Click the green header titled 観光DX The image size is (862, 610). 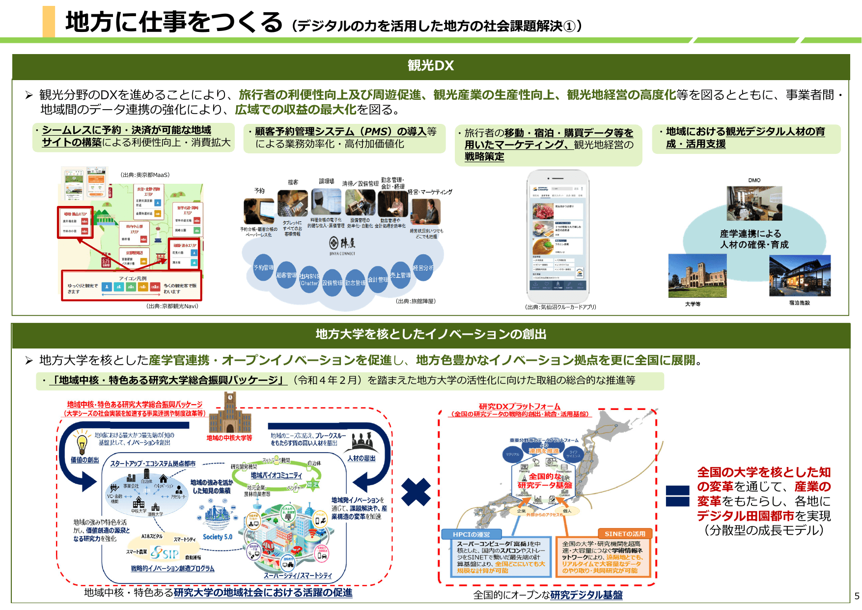click(430, 66)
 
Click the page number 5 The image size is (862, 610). click(857, 596)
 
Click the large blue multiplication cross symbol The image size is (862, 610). click(416, 492)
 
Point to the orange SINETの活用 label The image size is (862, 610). click(624, 534)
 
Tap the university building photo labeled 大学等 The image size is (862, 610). click(697, 276)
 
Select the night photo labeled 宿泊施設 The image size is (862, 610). click(800, 276)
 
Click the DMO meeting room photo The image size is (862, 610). click(754, 203)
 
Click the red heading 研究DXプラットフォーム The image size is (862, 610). click(519, 407)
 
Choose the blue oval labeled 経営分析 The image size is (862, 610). click(423, 268)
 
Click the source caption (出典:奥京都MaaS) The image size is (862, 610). click(145, 175)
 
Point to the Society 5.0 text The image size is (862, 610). click(217, 537)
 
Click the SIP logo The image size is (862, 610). click(165, 553)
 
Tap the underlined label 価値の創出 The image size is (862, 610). click(84, 460)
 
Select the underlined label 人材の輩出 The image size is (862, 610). click(361, 458)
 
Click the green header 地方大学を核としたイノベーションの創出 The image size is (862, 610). click(430, 334)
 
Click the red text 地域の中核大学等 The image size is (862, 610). click(229, 437)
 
